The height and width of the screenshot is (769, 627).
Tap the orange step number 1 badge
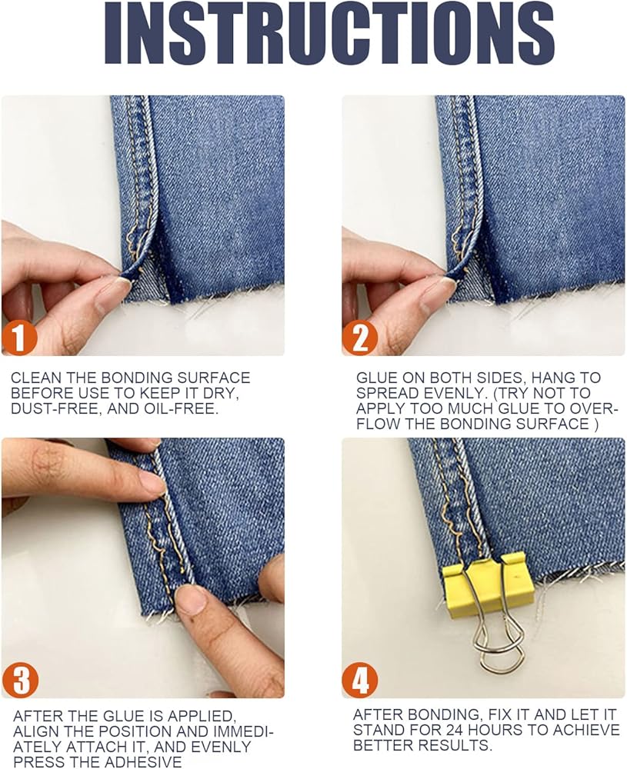[x=19, y=338]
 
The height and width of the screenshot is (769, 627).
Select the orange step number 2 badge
[x=360, y=338]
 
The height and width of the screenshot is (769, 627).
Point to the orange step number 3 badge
[x=20, y=680]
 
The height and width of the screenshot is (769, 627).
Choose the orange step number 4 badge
[x=360, y=681]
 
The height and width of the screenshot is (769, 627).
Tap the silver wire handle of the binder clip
[x=495, y=633]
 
